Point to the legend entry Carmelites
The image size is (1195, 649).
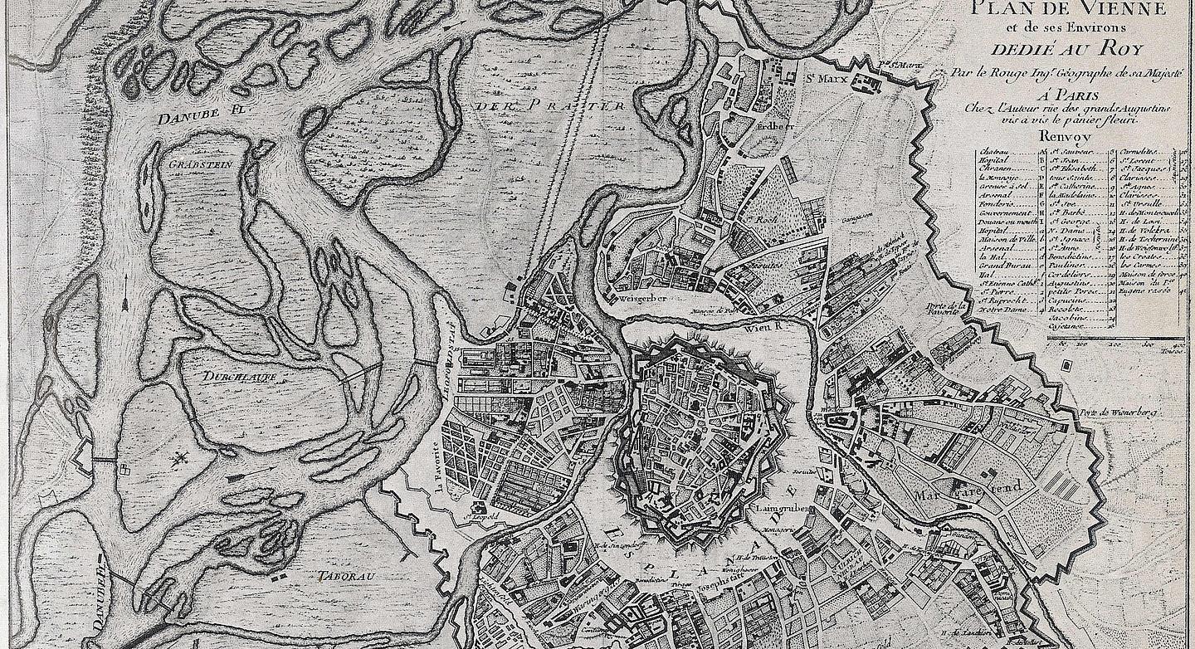1139,153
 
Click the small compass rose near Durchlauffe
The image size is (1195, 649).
179,459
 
